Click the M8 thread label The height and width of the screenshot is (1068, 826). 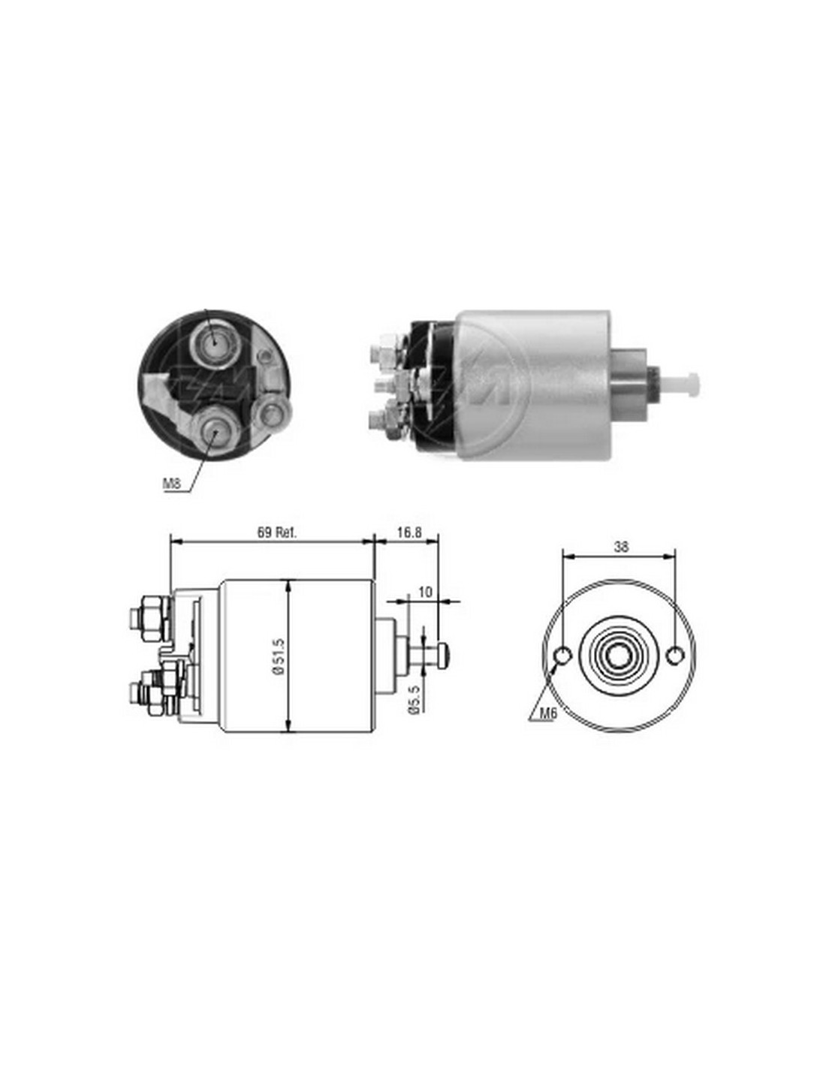pyautogui.click(x=172, y=483)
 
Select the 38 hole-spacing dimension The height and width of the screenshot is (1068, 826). pyautogui.click(x=621, y=548)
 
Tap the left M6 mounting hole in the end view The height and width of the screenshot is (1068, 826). pyautogui.click(x=562, y=655)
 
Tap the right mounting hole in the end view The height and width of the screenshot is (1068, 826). pyautogui.click(x=675, y=655)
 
